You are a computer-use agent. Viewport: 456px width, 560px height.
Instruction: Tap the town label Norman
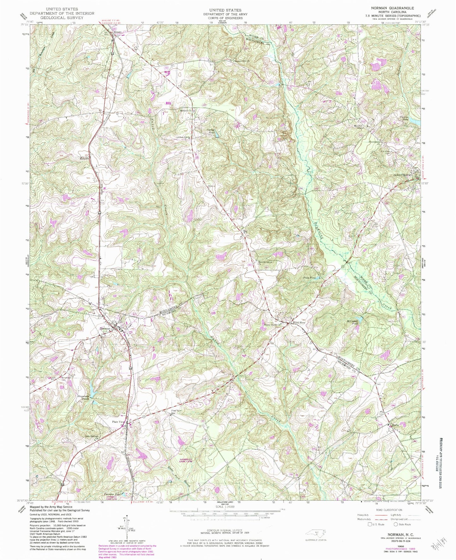click(105, 329)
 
